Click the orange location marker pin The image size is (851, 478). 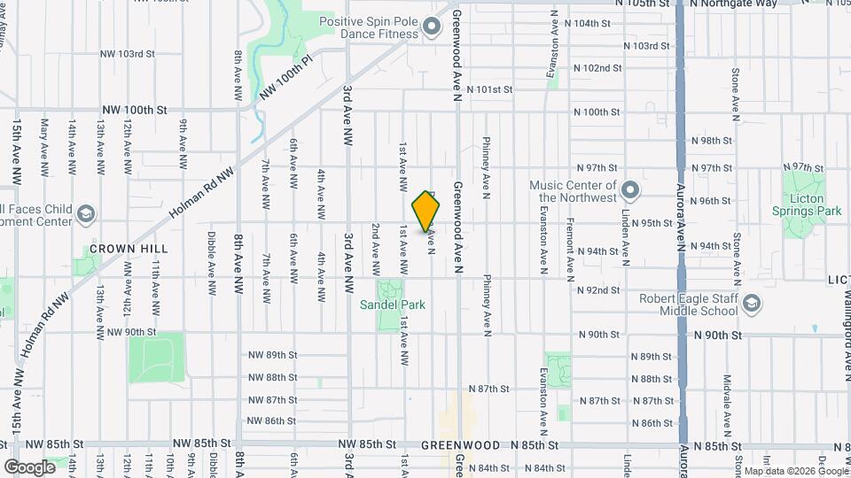(x=426, y=211)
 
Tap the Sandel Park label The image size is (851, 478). (x=392, y=305)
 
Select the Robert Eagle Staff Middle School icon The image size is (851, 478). (x=751, y=304)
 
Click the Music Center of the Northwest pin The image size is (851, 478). (x=630, y=190)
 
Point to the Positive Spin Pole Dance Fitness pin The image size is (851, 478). (x=432, y=27)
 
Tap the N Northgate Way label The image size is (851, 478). (x=734, y=4)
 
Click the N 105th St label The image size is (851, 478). (x=644, y=4)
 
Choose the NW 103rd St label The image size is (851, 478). (x=128, y=54)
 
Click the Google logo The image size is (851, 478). (x=28, y=466)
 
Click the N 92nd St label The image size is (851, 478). (x=597, y=290)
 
